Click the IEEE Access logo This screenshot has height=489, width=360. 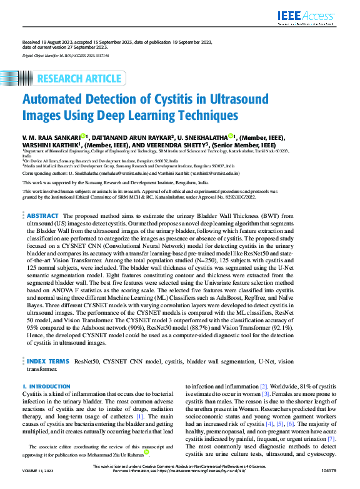click(x=315, y=17)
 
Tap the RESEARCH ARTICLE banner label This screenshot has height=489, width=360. click(x=79, y=79)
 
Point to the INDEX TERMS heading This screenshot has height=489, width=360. click(x=48, y=361)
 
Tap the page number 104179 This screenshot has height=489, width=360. click(x=327, y=480)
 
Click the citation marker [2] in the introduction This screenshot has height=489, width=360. click(x=264, y=387)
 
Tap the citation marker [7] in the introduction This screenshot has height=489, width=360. click(x=332, y=440)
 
